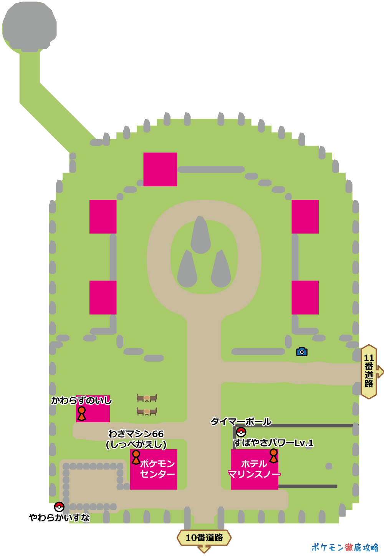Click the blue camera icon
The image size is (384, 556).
302,352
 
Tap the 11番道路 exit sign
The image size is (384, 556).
369,371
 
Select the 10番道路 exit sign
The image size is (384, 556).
204,538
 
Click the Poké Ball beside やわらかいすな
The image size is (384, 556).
59,507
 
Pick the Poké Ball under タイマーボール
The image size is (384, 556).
241,432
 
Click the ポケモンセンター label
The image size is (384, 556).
157,469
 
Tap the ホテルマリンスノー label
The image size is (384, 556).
254,469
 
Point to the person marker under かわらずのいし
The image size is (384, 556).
81,413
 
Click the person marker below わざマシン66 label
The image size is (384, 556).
136,457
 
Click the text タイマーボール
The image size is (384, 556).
241,422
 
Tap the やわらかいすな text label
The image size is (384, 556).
60,518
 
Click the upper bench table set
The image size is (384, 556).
147,398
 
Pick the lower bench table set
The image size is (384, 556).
147,412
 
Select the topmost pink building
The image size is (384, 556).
160,169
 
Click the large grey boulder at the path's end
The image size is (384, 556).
30,27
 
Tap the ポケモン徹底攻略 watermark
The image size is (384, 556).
345,547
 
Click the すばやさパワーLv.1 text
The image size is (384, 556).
273,443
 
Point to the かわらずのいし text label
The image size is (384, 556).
81,401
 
